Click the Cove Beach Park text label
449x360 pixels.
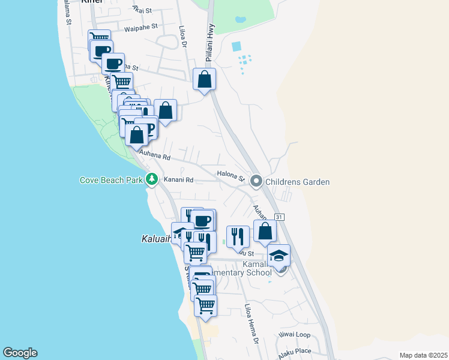pyautogui.click(x=111, y=180)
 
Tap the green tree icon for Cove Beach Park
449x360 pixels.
pyautogui.click(x=152, y=179)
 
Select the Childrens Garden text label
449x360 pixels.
pyautogui.click(x=298, y=182)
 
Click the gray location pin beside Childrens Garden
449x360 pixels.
pyautogui.click(x=256, y=181)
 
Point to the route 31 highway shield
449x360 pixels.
pyautogui.click(x=279, y=217)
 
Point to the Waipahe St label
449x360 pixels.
pyautogui.click(x=140, y=27)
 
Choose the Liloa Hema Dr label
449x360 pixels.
pyautogui.click(x=251, y=325)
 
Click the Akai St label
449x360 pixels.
pyautogui.click(x=142, y=10)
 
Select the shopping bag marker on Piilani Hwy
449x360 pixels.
pyautogui.click(x=204, y=79)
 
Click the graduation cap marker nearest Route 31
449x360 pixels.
pyautogui.click(x=278, y=256)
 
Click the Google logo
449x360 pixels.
pyautogui.click(x=20, y=353)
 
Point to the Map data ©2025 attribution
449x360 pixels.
pyautogui.click(x=423, y=355)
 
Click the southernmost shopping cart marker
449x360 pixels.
pyautogui.click(x=205, y=306)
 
